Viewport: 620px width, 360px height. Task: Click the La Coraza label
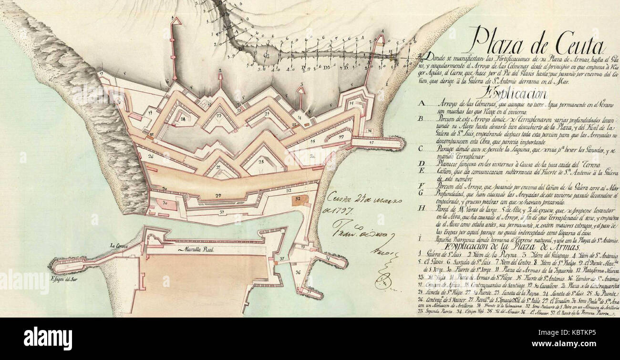click(x=118, y=246)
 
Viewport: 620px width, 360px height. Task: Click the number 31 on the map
click(x=222, y=211)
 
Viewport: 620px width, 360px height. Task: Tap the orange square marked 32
click(x=299, y=198)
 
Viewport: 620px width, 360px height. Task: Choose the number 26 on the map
click(x=151, y=156)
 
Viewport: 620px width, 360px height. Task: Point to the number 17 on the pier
click(x=372, y=143)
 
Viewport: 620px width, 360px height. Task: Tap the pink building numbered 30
click(x=165, y=204)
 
